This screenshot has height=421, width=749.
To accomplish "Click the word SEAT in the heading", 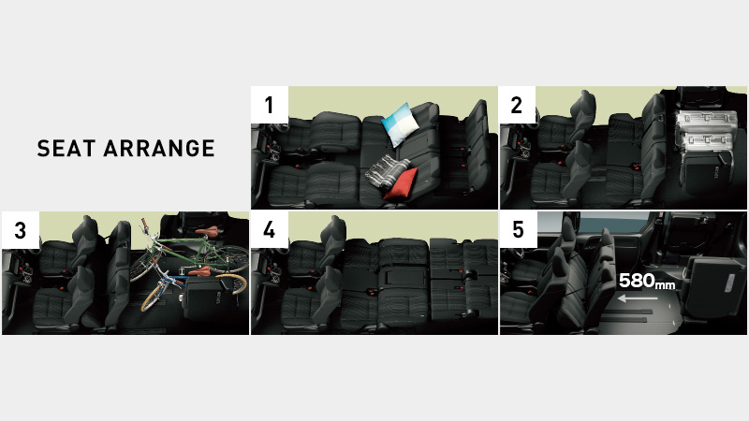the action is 66,149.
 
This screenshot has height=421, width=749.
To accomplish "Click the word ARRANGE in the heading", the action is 159,149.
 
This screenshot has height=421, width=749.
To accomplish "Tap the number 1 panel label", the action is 270,105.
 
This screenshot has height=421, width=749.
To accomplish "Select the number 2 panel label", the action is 517,105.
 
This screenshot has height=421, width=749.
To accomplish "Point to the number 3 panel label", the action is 20,230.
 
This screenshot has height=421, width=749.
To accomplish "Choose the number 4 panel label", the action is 270,230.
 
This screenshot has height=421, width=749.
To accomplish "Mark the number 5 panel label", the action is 519,230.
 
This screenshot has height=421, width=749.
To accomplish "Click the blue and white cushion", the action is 401,123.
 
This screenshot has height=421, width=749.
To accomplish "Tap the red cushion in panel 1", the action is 402,184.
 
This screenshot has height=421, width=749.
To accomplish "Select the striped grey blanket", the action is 387,172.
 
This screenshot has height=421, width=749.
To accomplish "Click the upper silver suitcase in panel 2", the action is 704,121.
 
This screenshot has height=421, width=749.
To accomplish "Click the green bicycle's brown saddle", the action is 207,232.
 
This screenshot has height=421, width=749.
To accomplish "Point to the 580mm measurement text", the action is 647,282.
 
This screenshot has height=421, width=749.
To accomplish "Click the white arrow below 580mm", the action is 638,299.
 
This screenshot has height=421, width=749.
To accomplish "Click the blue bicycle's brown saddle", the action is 200,271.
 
